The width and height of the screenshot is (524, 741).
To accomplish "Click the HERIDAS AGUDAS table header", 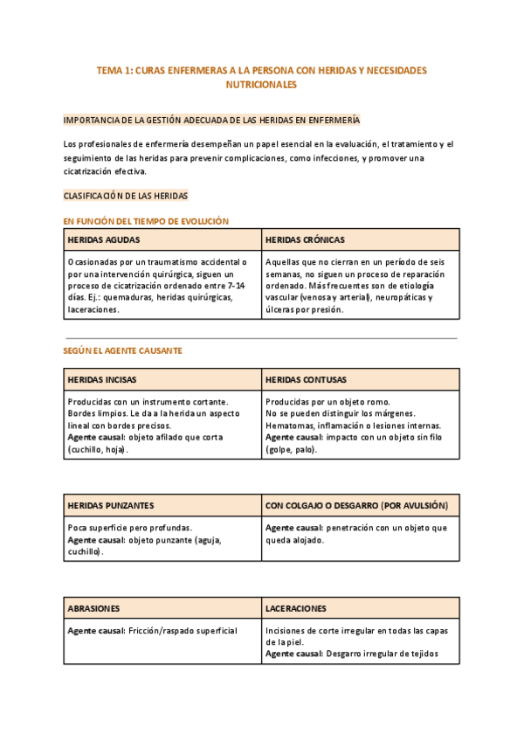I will pyautogui.click(x=104, y=239).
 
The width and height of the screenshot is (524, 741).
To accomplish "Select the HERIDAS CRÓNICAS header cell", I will pyautogui.click(x=305, y=239).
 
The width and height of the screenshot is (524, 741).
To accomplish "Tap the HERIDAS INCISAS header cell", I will pyautogui.click(x=102, y=380).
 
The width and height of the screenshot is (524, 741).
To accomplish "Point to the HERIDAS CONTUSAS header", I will pyautogui.click(x=306, y=380).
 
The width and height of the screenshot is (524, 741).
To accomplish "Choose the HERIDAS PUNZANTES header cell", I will pyautogui.click(x=111, y=505).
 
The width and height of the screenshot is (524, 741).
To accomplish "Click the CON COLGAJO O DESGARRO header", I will pyautogui.click(x=356, y=505).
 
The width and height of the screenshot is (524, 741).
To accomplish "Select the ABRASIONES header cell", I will pyautogui.click(x=94, y=607).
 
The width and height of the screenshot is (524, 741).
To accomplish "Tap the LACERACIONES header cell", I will pyautogui.click(x=296, y=607).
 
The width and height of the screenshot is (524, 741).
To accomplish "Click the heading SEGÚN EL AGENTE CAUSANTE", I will pyautogui.click(x=122, y=350).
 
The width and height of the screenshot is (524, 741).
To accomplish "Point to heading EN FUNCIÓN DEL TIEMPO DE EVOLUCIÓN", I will pyautogui.click(x=146, y=221).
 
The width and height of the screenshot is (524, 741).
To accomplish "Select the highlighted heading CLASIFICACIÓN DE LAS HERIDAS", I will pyautogui.click(x=126, y=196).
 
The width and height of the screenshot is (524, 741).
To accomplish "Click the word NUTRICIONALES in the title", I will pyautogui.click(x=261, y=85).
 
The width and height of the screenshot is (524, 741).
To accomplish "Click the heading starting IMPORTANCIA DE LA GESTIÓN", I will pyautogui.click(x=210, y=120).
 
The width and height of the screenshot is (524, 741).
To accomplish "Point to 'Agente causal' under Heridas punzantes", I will pyautogui.click(x=95, y=540).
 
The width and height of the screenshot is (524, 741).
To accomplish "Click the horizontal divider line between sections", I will pyautogui.click(x=261, y=338).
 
